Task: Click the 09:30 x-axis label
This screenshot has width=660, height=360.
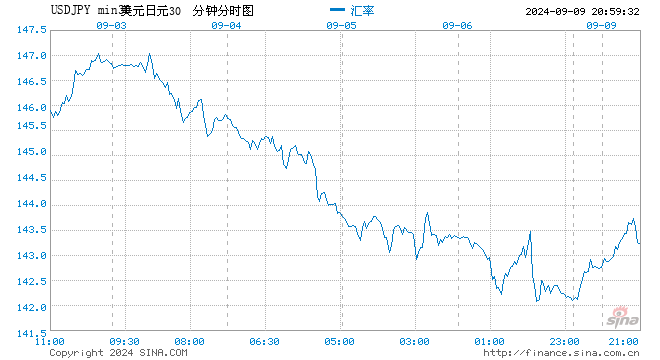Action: [x=125, y=342]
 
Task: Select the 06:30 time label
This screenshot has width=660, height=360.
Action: [x=265, y=342]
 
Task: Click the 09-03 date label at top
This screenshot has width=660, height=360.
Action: [x=112, y=25]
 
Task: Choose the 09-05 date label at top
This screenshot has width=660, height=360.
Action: [x=341, y=25]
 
